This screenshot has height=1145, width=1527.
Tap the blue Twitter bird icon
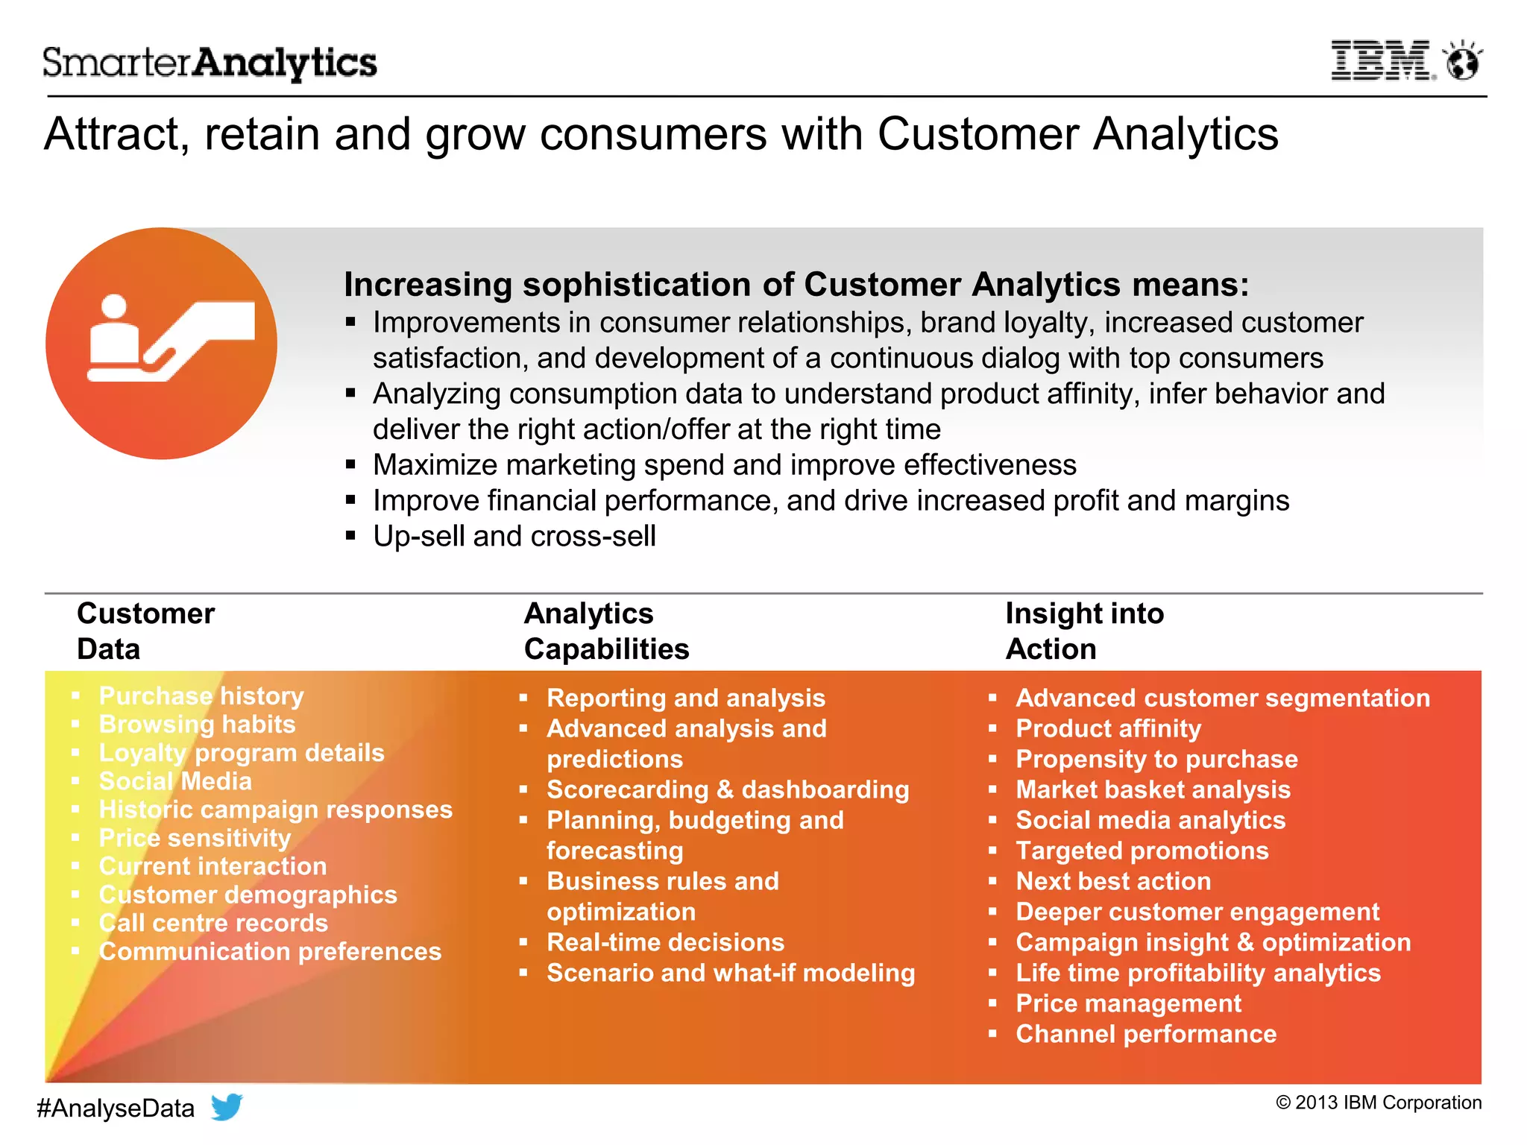(227, 1107)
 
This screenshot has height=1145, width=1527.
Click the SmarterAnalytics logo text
(210, 63)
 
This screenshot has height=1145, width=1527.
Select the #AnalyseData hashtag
(116, 1108)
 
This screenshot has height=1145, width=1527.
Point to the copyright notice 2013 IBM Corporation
(1379, 1103)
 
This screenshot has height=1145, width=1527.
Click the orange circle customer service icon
(161, 344)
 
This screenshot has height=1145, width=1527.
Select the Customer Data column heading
(145, 631)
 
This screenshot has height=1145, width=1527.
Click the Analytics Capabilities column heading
(606, 631)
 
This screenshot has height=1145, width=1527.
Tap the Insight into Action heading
(1084, 631)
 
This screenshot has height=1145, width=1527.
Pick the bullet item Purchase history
(201, 696)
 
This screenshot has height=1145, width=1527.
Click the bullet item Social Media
(175, 781)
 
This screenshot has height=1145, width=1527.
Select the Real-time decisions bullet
(665, 942)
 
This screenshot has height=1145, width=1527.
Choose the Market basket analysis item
(1153, 789)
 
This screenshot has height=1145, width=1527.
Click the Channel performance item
(1146, 1034)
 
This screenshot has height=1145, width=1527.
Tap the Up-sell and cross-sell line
(514, 536)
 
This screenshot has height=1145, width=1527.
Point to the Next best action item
(1113, 881)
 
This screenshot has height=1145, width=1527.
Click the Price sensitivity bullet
(195, 838)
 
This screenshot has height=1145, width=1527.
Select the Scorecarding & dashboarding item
(728, 789)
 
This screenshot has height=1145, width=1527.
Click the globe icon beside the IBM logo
(1462, 61)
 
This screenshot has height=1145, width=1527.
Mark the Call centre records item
(213, 923)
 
